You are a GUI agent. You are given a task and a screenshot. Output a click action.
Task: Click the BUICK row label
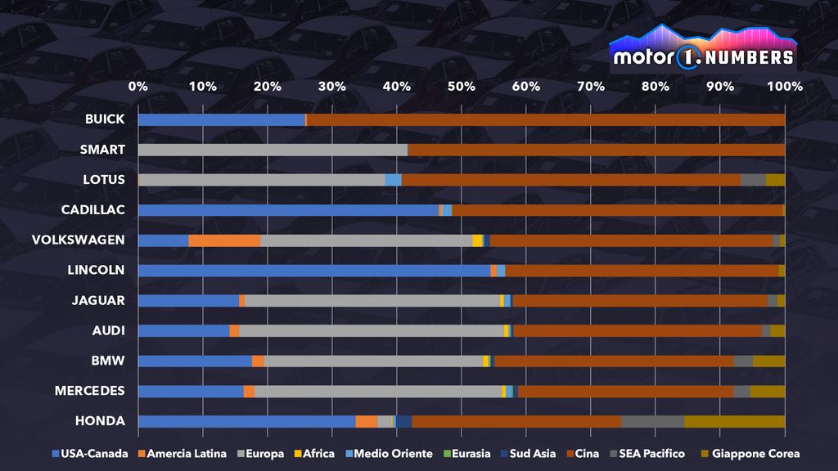pyautogui.click(x=105, y=119)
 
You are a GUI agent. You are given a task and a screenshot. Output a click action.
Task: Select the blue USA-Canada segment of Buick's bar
pyautogui.click(x=221, y=119)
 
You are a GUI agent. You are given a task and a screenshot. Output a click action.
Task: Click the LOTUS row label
pyautogui.click(x=104, y=180)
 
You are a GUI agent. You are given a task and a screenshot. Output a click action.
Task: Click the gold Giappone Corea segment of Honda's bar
pyautogui.click(x=734, y=422)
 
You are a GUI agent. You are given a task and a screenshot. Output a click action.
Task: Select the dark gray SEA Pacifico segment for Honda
pyautogui.click(x=652, y=422)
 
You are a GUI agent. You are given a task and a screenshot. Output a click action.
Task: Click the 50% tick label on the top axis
pyautogui.click(x=462, y=87)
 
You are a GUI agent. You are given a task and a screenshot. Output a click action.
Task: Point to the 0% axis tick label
pyautogui.click(x=138, y=87)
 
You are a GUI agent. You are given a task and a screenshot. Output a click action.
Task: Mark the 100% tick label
pyautogui.click(x=785, y=87)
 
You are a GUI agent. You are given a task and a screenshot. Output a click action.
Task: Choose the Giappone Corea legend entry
pyautogui.click(x=750, y=454)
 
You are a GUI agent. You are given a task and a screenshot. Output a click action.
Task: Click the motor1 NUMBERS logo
pyautogui.click(x=704, y=51)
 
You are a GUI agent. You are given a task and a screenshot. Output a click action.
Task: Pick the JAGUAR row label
pyautogui.click(x=98, y=301)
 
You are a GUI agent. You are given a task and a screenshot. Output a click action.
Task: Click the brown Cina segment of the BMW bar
pyautogui.click(x=614, y=361)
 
